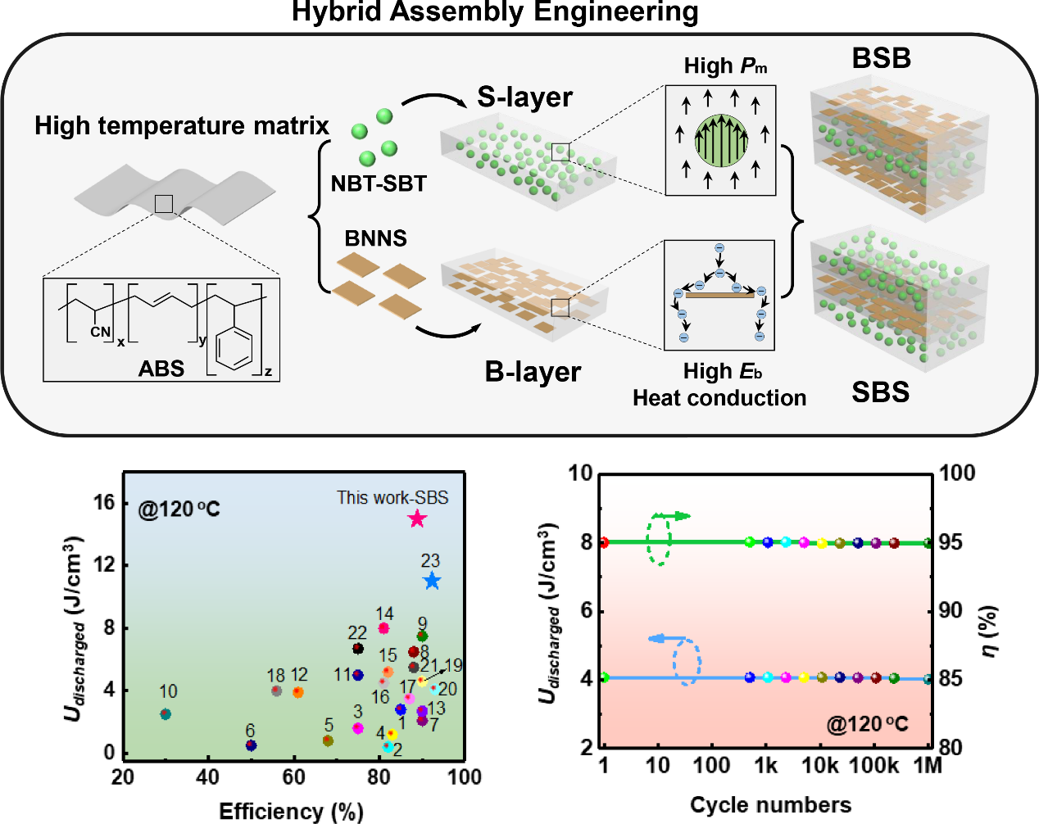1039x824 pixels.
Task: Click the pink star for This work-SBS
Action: tap(417, 518)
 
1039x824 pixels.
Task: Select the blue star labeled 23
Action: tap(432, 581)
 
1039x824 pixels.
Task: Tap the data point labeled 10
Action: tap(166, 714)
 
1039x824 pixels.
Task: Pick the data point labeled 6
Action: tap(251, 745)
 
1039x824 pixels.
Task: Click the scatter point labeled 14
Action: tap(383, 628)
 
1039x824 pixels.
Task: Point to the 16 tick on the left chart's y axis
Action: tap(104, 502)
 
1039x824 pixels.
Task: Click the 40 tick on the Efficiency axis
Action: tap(208, 776)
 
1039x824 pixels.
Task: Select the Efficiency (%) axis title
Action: tap(291, 811)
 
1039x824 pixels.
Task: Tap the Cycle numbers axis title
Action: tap(770, 804)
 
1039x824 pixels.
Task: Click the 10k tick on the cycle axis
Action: tap(819, 765)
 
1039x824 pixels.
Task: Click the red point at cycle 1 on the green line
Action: tap(604, 542)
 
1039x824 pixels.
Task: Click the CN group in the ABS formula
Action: tap(100, 332)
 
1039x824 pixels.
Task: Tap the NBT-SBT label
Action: tap(379, 183)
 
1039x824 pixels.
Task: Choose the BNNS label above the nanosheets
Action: tap(375, 238)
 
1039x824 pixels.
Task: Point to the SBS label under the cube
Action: tap(880, 392)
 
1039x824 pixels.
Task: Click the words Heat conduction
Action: tap(719, 398)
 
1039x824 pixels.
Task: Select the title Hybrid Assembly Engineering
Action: tap(495, 12)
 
